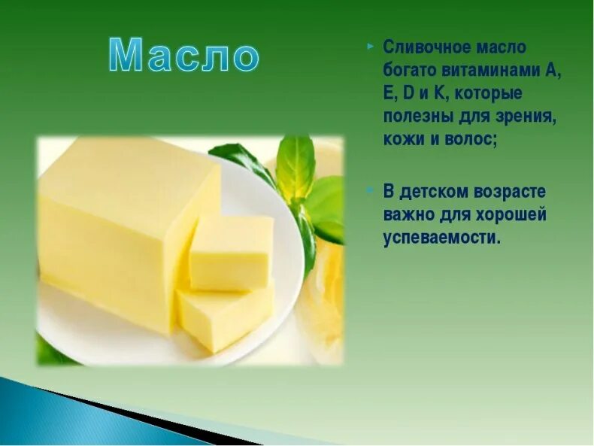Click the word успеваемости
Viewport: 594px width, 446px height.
pyautogui.click(x=441, y=238)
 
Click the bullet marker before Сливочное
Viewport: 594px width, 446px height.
pyautogui.click(x=370, y=45)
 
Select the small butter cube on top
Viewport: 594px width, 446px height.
pyautogui.click(x=231, y=252)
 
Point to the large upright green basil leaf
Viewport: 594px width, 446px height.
pyautogui.click(x=294, y=165)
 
